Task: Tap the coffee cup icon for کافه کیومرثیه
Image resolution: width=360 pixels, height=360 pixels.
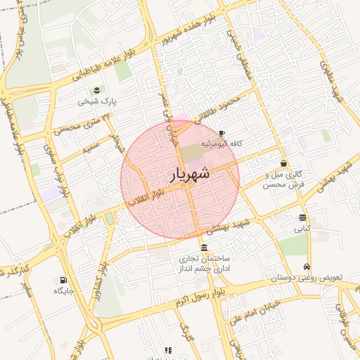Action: (221, 133)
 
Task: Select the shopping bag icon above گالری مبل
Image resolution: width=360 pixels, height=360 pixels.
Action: (283, 163)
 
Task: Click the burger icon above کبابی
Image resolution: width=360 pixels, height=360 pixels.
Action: (302, 217)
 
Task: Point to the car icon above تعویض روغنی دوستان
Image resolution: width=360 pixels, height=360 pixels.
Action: (307, 267)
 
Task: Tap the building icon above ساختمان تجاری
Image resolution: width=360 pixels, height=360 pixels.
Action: (204, 247)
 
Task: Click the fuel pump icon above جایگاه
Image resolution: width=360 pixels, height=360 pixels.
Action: (58, 278)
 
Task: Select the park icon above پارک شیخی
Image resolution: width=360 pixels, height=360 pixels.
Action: (96, 90)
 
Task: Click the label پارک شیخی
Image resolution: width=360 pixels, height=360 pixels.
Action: (97, 101)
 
